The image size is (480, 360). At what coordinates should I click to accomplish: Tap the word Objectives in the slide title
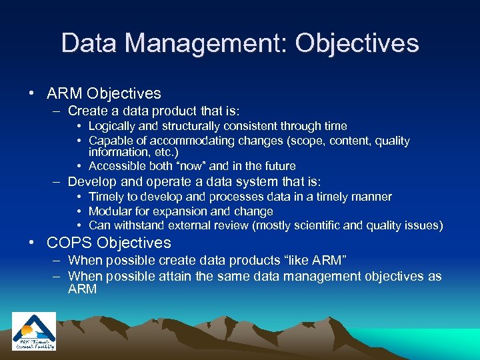pos(357,43)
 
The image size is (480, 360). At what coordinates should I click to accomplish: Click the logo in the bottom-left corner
pos(34,331)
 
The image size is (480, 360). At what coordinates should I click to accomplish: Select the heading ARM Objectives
pos(104,94)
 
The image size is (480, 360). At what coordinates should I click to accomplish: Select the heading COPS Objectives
pos(109,243)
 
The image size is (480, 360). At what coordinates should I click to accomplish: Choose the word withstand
pos(137,225)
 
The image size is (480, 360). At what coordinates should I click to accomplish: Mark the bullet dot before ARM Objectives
pos(33,94)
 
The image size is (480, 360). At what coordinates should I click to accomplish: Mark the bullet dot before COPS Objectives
pos(33,243)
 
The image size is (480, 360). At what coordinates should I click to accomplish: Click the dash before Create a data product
pos(57,111)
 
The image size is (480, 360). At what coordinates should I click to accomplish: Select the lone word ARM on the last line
pos(83,289)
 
